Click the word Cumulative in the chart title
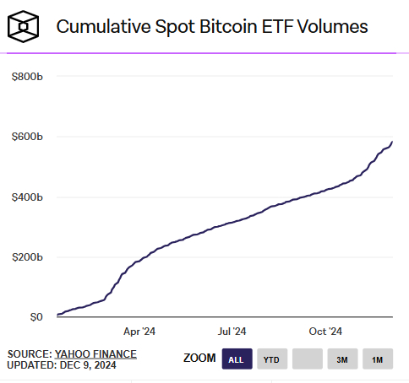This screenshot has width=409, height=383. [x=98, y=27]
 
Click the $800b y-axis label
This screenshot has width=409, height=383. [x=27, y=77]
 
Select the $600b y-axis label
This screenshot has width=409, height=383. [x=27, y=137]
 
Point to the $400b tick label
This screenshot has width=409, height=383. [x=27, y=197]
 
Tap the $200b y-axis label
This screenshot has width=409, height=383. [x=27, y=257]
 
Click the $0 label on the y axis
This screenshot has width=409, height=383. [x=35, y=317]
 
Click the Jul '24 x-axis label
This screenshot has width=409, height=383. [x=232, y=332]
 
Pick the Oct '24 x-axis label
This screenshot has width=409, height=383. [x=325, y=332]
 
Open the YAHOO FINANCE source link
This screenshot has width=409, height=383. [x=95, y=353]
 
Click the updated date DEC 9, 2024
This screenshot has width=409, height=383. [x=88, y=365]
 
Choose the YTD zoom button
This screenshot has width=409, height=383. [x=271, y=359]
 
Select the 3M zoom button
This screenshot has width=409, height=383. [x=342, y=359]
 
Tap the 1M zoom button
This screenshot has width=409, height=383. [x=378, y=359]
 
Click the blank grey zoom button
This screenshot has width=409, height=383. [x=307, y=359]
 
